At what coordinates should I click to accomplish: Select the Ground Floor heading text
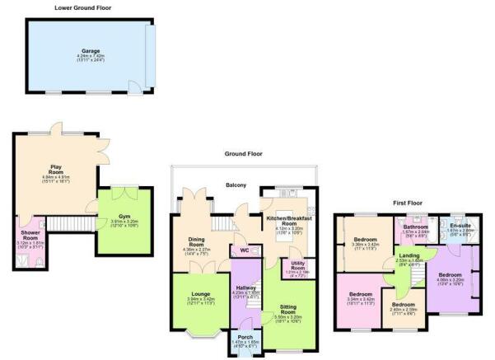243,153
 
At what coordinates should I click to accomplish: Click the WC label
245,251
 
